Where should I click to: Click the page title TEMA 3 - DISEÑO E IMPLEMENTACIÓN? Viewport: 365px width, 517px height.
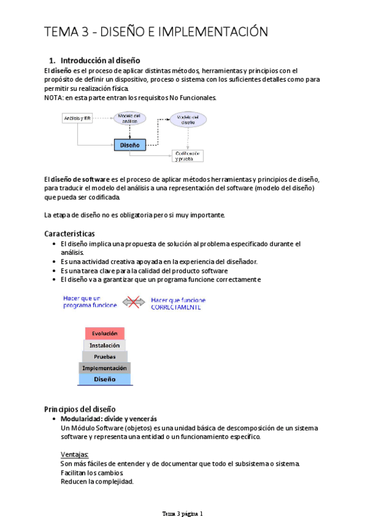click(x=156, y=32)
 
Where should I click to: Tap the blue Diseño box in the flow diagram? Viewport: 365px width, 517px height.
click(x=130, y=145)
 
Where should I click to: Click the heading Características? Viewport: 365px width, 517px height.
click(x=69, y=234)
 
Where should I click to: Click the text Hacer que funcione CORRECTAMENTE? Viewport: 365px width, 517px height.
click(x=178, y=304)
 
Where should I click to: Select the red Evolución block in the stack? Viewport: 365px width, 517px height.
click(x=105, y=333)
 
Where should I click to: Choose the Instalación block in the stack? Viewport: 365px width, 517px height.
click(x=105, y=345)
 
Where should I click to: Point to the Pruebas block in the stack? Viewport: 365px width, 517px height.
click(x=105, y=356)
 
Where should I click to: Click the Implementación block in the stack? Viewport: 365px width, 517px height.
click(x=105, y=368)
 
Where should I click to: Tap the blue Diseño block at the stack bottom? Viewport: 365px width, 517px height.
click(x=105, y=379)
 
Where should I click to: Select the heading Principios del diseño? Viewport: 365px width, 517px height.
click(x=80, y=408)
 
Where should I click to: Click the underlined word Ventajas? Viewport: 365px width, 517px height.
click(x=74, y=454)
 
